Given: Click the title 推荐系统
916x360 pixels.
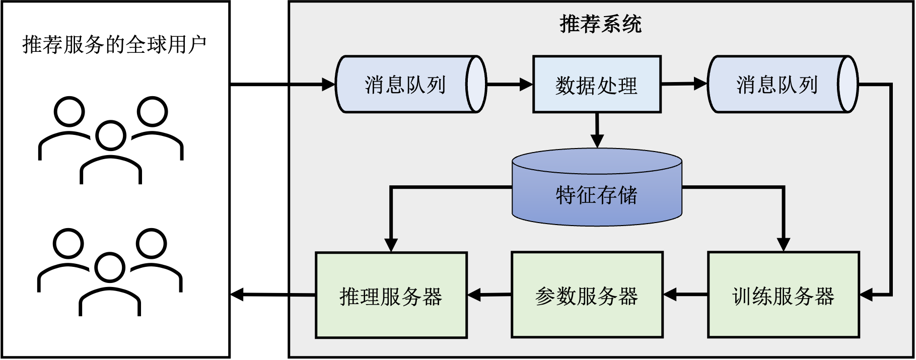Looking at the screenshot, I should (x=600, y=24).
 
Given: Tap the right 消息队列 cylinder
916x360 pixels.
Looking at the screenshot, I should (x=776, y=85).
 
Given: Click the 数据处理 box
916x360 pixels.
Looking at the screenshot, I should (x=597, y=85).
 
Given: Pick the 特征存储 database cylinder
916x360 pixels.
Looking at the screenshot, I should (x=597, y=194).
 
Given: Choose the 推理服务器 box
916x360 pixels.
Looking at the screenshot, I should (x=391, y=296).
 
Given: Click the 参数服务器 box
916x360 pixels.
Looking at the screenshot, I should (x=587, y=296).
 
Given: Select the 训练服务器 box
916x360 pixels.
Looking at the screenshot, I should (x=783, y=296).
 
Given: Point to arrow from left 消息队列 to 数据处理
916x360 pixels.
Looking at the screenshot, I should (x=509, y=85).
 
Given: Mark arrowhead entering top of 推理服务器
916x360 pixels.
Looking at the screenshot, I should (x=391, y=245).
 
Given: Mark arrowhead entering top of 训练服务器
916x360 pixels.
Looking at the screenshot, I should (x=783, y=244).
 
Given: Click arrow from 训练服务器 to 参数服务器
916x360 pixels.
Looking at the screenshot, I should (x=685, y=295).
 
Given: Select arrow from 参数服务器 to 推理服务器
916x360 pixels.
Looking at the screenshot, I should (x=489, y=295).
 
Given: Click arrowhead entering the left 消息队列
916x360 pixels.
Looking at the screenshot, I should (x=329, y=85).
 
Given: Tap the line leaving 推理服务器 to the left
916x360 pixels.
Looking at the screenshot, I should (x=303, y=295).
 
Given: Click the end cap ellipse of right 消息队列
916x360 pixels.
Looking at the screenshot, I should (x=848, y=84).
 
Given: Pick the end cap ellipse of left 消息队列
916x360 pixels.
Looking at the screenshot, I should (x=476, y=84).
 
